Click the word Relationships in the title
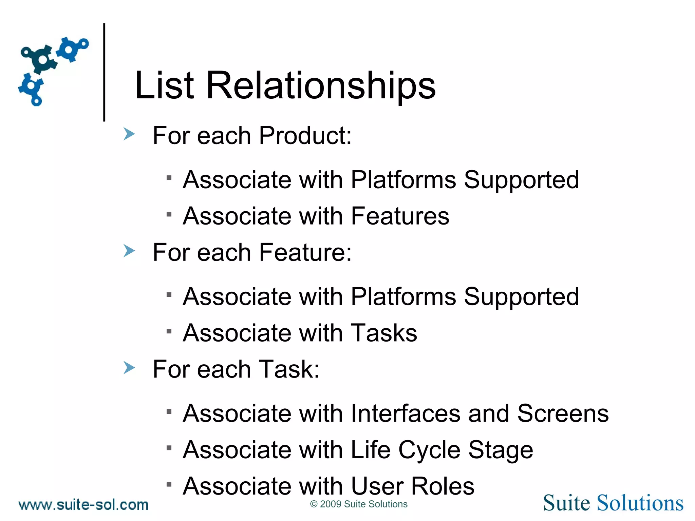point(321,86)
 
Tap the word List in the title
point(164,86)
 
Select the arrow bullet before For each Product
point(129,134)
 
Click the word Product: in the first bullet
point(305,136)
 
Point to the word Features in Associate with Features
point(400,216)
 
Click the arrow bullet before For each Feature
point(129,251)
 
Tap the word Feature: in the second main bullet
point(305,253)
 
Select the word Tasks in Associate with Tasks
point(383,333)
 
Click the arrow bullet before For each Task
point(129,368)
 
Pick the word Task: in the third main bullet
point(289,369)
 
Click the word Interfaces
point(406,413)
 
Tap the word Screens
point(563,413)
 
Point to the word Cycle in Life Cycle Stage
point(429,450)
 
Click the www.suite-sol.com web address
point(83,505)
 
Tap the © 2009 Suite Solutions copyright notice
point(359,504)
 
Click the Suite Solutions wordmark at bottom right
point(613,503)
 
